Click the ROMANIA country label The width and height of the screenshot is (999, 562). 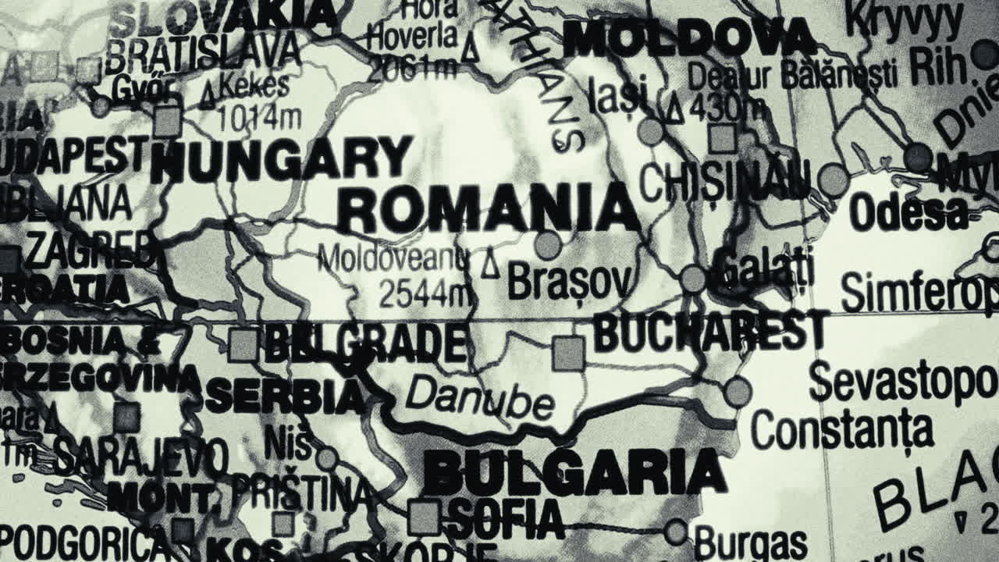[489, 209]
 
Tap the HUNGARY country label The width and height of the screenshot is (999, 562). [281, 159]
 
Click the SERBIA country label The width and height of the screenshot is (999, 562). [285, 397]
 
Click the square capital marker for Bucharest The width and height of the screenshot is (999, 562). [568, 354]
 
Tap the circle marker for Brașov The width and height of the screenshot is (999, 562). [548, 245]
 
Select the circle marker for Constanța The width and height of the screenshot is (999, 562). [737, 392]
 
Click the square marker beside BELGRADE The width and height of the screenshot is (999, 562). [244, 345]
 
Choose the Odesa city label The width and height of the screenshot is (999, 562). [908, 212]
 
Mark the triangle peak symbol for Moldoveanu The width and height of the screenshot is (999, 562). [490, 264]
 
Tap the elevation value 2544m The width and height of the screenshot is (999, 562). [426, 293]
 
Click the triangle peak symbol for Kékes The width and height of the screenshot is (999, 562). [208, 98]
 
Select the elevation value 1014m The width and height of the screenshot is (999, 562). [259, 118]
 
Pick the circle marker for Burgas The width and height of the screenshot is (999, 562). [676, 532]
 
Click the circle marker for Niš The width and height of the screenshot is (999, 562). [327, 458]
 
